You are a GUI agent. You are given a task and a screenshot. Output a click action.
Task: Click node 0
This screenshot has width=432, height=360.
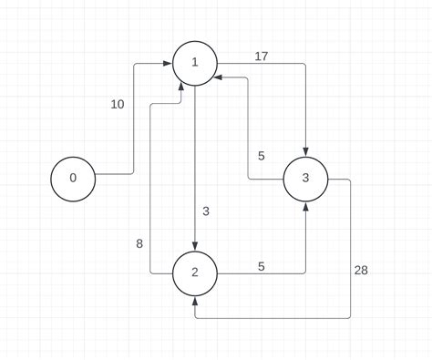(74, 178)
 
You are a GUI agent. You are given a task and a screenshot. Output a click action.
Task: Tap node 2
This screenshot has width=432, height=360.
(195, 272)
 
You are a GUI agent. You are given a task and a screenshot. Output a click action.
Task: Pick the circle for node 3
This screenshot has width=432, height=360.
(306, 179)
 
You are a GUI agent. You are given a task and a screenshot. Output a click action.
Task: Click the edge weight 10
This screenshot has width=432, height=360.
(118, 105)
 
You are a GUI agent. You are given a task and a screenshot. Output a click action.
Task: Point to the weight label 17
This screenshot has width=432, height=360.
(262, 57)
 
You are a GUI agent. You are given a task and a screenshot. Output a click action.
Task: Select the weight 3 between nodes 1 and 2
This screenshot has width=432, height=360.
(206, 211)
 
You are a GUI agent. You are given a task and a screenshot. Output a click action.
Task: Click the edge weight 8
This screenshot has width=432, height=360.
(139, 243)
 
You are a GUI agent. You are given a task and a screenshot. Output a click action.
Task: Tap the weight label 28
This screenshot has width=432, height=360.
(362, 271)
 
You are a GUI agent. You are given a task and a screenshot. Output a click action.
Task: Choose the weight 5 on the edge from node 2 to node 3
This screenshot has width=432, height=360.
(261, 267)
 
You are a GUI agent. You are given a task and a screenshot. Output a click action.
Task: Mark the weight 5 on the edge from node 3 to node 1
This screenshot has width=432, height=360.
(261, 156)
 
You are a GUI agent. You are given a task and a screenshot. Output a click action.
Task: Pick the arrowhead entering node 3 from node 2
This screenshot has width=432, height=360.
(306, 207)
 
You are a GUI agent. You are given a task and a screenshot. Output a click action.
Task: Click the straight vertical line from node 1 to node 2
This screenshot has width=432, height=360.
(195, 164)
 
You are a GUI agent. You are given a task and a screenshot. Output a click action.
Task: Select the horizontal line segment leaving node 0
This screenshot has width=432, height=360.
(115, 173)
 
